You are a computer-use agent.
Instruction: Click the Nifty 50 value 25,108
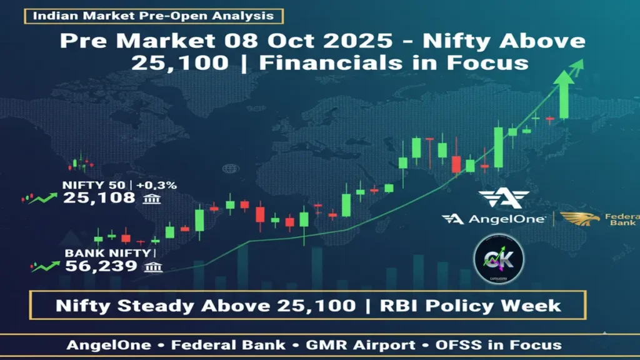tap(99, 198)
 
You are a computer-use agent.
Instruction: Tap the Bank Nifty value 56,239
tap(101, 266)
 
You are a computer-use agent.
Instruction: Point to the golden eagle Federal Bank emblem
tap(579, 219)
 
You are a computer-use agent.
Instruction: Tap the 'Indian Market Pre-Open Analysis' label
tap(153, 16)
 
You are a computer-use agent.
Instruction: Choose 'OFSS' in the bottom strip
tap(455, 344)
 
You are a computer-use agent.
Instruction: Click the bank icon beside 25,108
tap(150, 199)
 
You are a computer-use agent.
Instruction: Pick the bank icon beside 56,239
tap(153, 267)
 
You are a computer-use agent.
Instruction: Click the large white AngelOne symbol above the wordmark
tap(502, 198)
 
